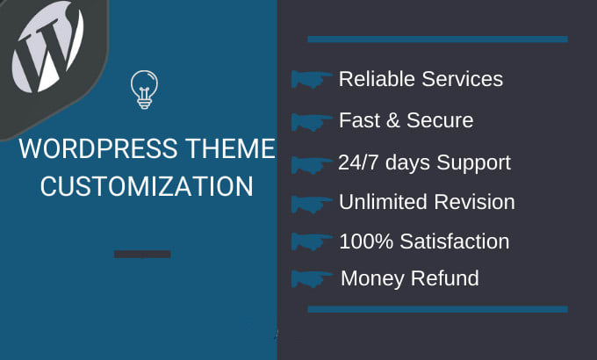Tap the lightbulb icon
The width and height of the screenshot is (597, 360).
pyautogui.click(x=142, y=90)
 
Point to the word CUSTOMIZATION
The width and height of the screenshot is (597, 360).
pyautogui.click(x=147, y=186)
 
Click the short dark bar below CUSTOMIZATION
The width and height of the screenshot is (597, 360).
pyautogui.click(x=142, y=255)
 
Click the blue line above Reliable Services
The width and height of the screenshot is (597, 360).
pyautogui.click(x=437, y=39)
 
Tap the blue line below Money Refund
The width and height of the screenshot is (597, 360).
pyautogui.click(x=437, y=309)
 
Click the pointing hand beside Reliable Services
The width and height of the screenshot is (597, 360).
pyautogui.click(x=311, y=80)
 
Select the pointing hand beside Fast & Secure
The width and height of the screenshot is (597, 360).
pyautogui.click(x=311, y=121)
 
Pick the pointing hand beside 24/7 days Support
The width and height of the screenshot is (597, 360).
pyautogui.click(x=311, y=163)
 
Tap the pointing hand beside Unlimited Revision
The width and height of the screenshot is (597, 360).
pyautogui.click(x=311, y=203)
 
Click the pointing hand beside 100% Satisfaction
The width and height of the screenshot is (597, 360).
pyautogui.click(x=311, y=241)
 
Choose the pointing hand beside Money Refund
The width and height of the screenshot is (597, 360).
pyautogui.click(x=311, y=279)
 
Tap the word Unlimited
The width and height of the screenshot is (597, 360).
pyautogui.click(x=381, y=202)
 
